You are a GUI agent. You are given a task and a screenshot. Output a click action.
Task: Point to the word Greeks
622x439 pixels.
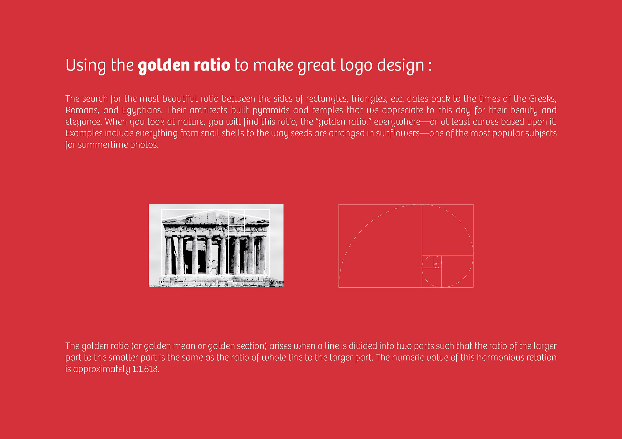pyautogui.click(x=543, y=99)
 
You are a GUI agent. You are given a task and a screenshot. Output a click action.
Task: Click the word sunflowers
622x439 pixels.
pyautogui.click(x=398, y=133)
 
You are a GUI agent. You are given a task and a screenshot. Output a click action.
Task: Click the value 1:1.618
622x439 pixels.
pyautogui.click(x=145, y=369)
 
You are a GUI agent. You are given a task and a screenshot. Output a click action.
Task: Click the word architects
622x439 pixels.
pyautogui.click(x=208, y=110)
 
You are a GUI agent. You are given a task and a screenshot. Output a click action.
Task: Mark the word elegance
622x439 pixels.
pyautogui.click(x=84, y=122)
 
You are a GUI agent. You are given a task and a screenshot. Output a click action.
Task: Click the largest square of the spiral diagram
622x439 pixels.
pyautogui.click(x=380, y=246)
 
